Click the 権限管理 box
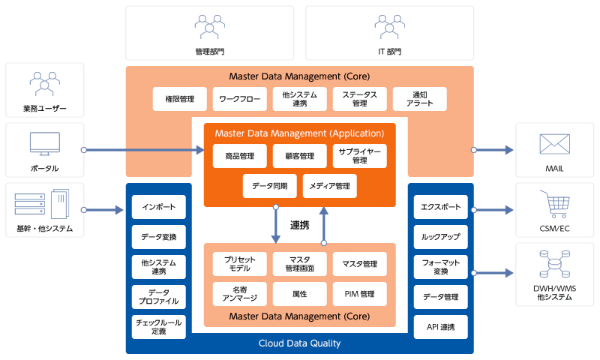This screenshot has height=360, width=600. click(x=179, y=99)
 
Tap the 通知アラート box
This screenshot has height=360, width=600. click(x=419, y=99)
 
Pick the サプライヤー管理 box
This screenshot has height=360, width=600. click(x=359, y=156)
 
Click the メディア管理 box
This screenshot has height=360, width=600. click(x=329, y=185)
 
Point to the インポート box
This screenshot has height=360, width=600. click(x=158, y=207)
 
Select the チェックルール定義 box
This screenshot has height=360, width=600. click(x=158, y=326)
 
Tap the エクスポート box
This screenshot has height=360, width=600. click(x=441, y=207)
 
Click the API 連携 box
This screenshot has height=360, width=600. click(x=441, y=326)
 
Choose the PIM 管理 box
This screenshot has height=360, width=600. click(x=359, y=292)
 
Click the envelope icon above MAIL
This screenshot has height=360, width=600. click(x=554, y=144)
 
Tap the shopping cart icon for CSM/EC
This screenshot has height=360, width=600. click(x=554, y=203)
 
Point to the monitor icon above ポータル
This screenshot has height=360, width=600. click(x=45, y=143)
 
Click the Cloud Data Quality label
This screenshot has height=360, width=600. click(x=299, y=343)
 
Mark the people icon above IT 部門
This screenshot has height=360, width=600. click(x=389, y=26)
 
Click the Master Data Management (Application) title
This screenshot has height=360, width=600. click(x=299, y=133)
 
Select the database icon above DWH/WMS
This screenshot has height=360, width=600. click(x=554, y=264)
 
